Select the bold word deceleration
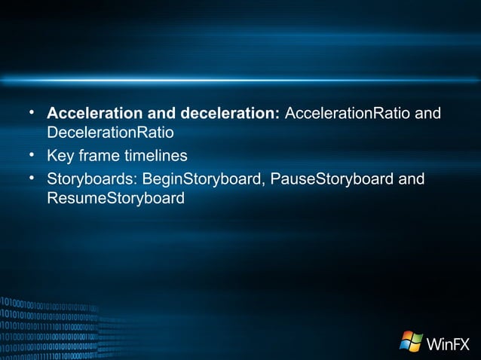coord(228,114)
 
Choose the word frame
coord(99,157)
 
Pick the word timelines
coord(155,157)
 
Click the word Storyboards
coord(90,179)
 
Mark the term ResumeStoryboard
coord(115,199)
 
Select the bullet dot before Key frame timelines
coord(32,156)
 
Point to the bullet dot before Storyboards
coord(32,178)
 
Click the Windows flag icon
coord(411,341)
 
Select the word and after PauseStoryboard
coord(412,179)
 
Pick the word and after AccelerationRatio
coord(428,114)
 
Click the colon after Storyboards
coord(137,180)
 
